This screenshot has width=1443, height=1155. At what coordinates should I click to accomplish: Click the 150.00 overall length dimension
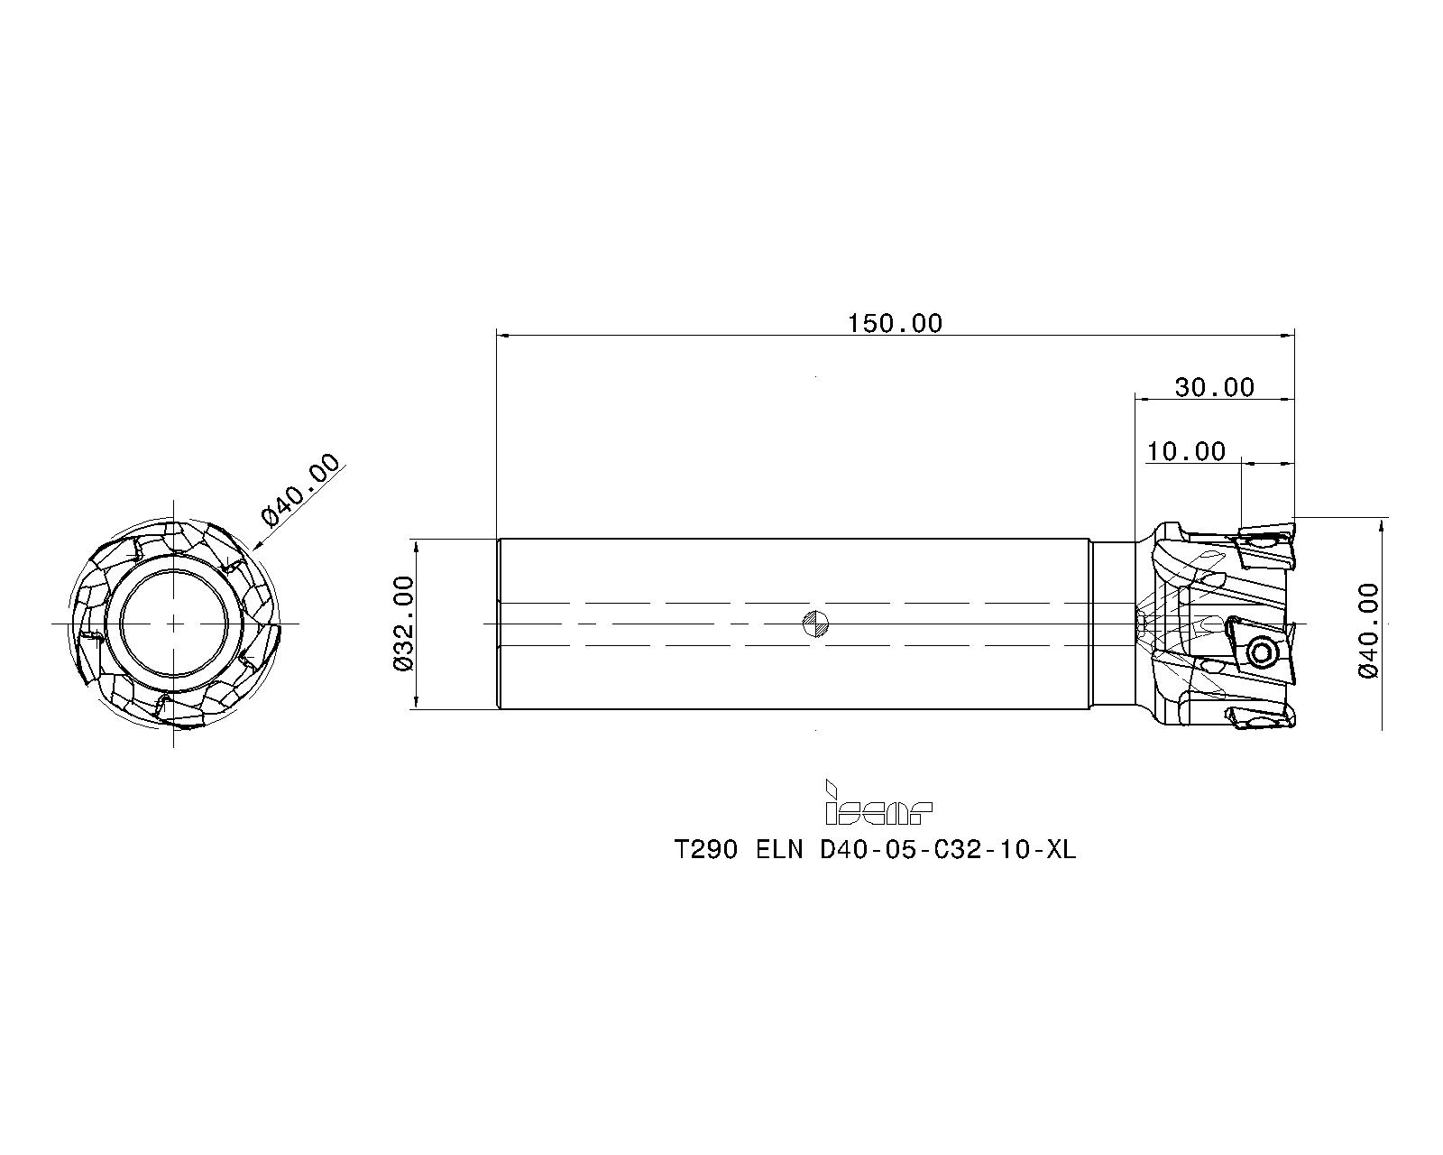[x=895, y=324]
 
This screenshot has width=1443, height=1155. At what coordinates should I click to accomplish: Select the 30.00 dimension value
[x=1214, y=388]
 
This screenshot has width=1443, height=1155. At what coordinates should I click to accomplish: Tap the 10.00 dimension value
[x=1186, y=452]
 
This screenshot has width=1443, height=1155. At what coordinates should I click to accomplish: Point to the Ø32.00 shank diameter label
[x=404, y=624]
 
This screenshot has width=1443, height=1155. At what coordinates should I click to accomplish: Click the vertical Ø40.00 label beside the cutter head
[x=1368, y=631]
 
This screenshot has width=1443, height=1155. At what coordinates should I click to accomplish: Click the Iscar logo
[x=878, y=802]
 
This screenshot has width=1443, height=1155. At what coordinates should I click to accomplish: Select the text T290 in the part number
[x=705, y=850]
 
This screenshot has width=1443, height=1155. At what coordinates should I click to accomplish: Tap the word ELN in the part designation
[x=779, y=850]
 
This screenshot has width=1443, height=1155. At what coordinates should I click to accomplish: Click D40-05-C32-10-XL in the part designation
[x=948, y=850]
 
